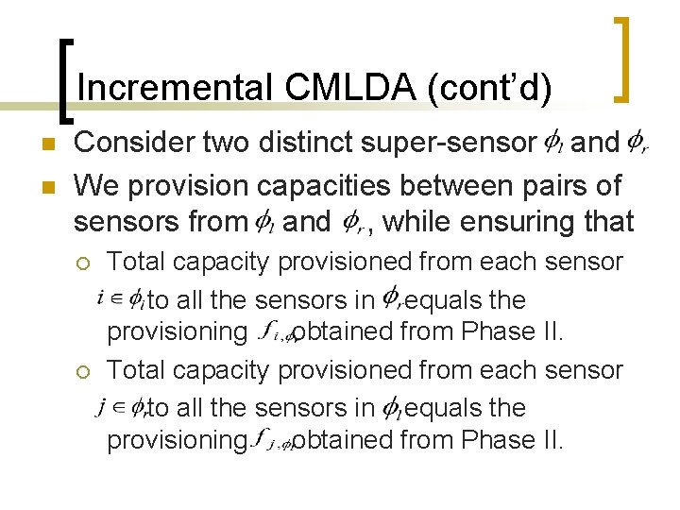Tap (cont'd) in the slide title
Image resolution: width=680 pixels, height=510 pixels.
[489, 88]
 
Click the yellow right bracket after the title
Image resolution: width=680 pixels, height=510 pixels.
[622, 59]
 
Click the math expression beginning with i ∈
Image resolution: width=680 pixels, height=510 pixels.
[121, 300]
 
